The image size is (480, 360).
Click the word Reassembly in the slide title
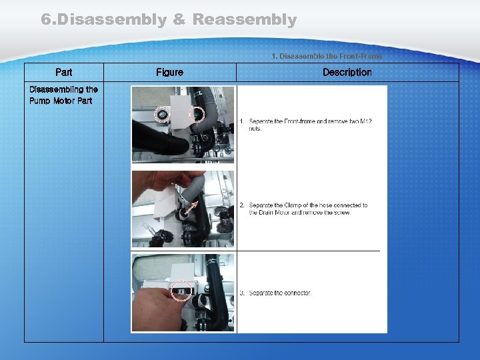pyautogui.click(x=244, y=20)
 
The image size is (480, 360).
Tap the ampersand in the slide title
pyautogui.click(x=179, y=20)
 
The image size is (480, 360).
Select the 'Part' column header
pyautogui.click(x=64, y=72)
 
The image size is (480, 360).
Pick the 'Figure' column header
pyautogui.click(x=169, y=72)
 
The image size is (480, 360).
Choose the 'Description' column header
pyautogui.click(x=347, y=72)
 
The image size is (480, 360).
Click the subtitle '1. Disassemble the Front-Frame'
pyautogui.click(x=327, y=57)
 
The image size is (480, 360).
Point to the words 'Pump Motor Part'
pyautogui.click(x=61, y=101)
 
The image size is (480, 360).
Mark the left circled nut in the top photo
pyautogui.click(x=161, y=115)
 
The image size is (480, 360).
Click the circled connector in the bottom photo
pyautogui.click(x=181, y=291)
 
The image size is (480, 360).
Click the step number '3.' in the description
pyautogui.click(x=243, y=293)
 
